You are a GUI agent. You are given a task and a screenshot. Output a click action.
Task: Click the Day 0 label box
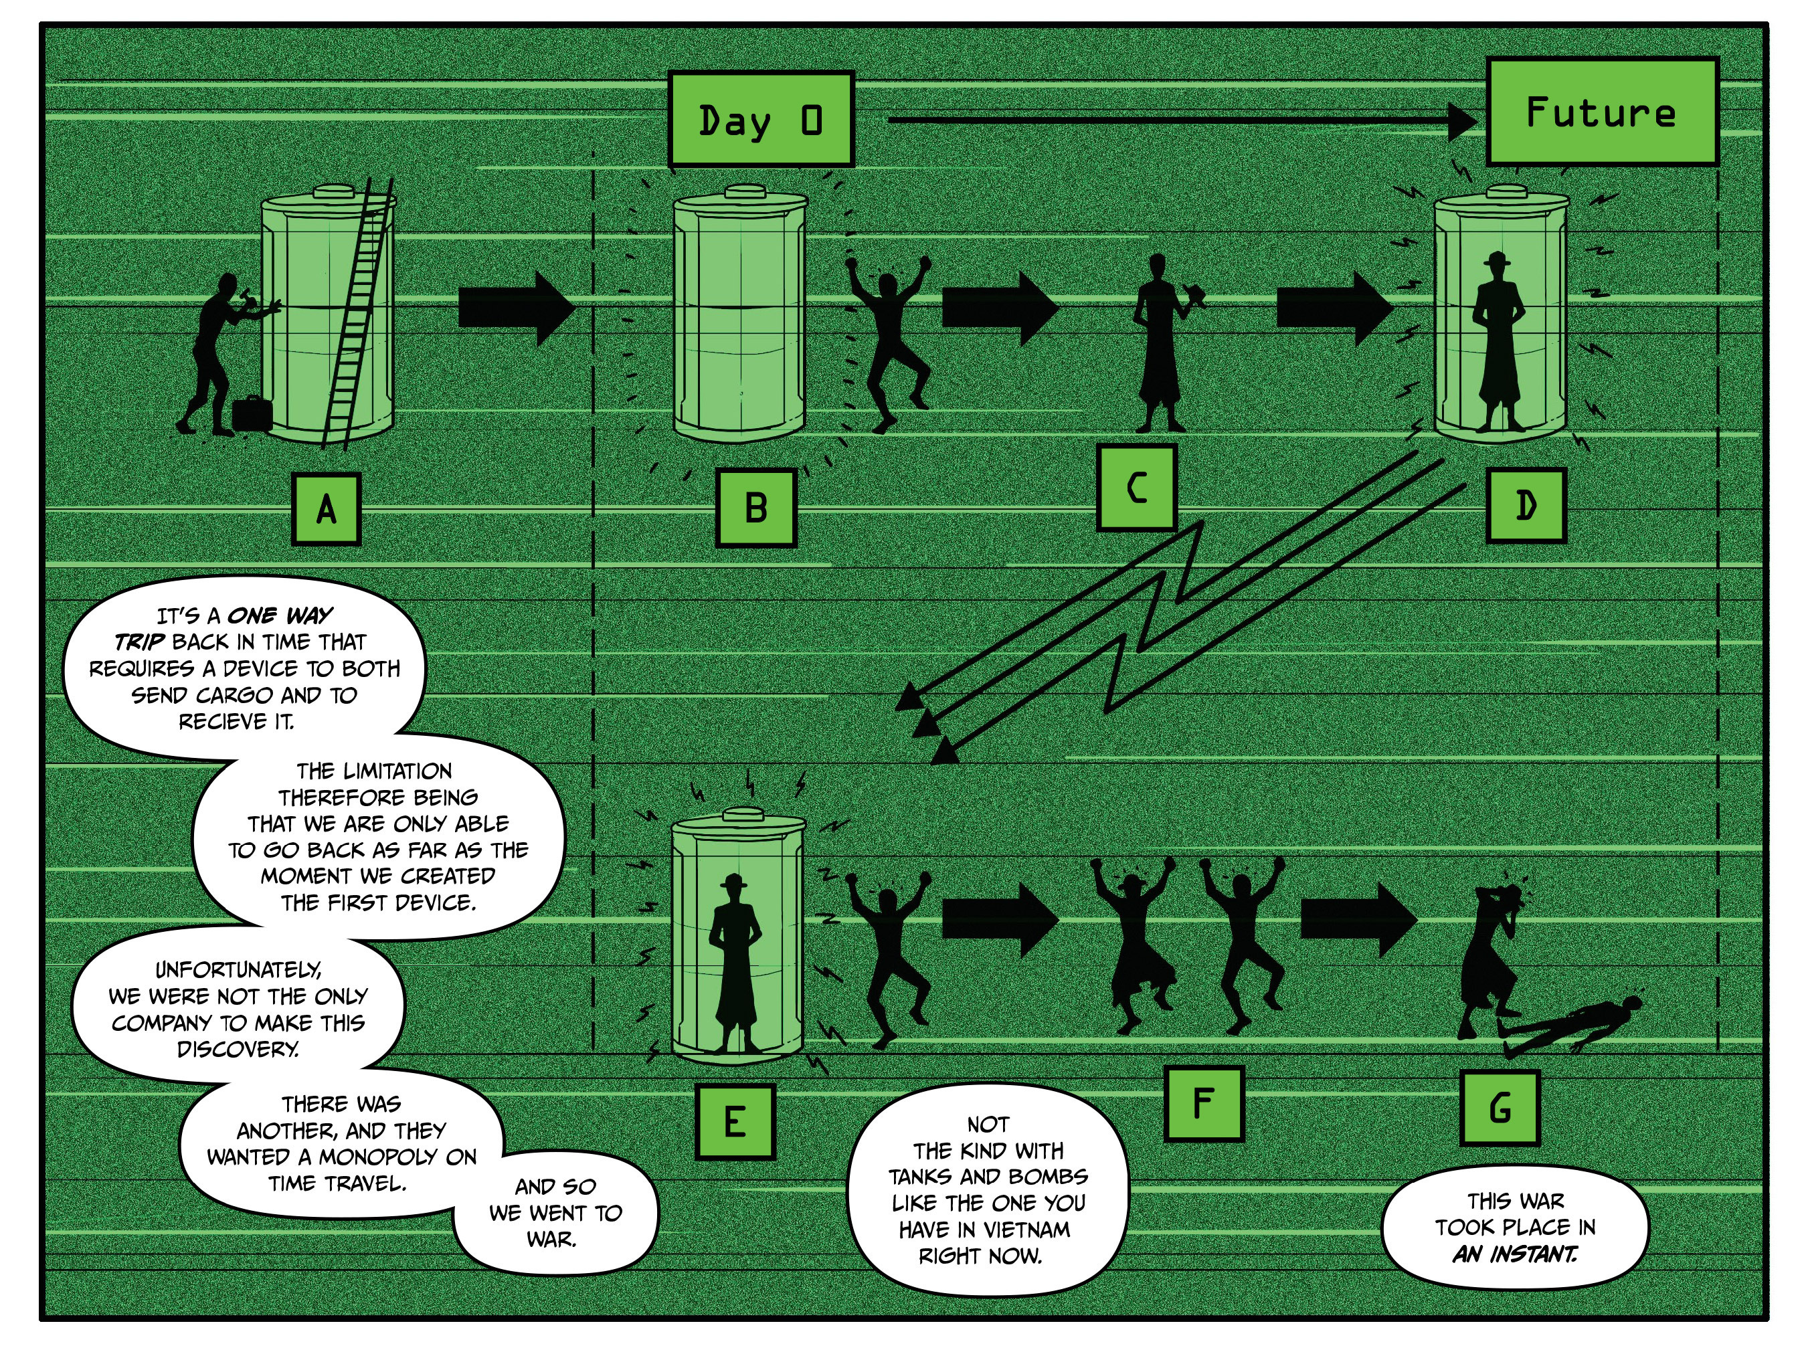coord(760,120)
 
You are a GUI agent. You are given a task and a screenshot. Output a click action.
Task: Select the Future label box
coord(1602,112)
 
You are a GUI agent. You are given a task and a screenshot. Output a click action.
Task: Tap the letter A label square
coord(327,510)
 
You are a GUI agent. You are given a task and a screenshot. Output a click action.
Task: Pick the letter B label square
coord(756,507)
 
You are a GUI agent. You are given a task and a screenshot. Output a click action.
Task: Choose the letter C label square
coord(1136,488)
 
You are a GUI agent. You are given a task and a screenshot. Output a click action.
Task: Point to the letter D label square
coord(1526,506)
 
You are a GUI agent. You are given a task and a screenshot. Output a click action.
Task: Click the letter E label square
coord(735,1122)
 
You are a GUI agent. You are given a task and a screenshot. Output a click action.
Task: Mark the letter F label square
coord(1204,1103)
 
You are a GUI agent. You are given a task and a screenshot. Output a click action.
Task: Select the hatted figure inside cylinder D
coord(1499,343)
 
